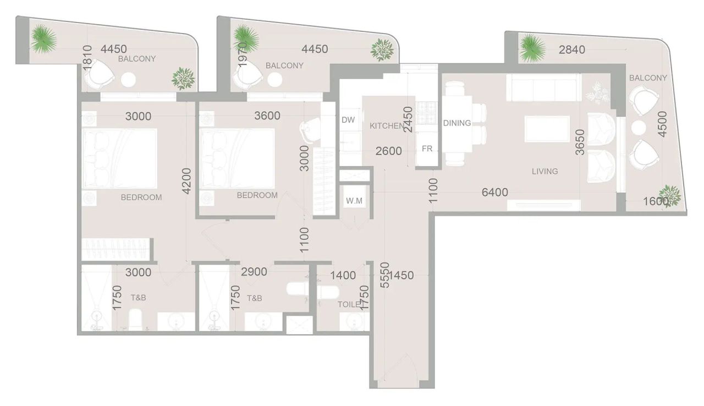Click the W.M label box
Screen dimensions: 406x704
[354, 201]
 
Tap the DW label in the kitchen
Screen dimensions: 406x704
[348, 120]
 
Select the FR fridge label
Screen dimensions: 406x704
[427, 149]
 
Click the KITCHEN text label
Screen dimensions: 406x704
[386, 126]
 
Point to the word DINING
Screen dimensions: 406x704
[457, 123]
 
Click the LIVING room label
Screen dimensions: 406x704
[544, 171]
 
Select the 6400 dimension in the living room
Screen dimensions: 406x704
[494, 192]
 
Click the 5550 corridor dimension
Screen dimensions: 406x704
[384, 275]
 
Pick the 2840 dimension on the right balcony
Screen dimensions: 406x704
[571, 50]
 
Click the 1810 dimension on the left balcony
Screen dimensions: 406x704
[87, 58]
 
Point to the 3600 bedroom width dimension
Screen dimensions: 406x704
[267, 116]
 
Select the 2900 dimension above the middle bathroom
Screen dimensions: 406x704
[254, 272]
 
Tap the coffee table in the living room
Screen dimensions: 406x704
[547, 129]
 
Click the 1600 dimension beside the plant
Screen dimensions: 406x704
[656, 201]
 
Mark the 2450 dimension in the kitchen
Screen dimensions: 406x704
[408, 120]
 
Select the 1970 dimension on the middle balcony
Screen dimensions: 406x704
[243, 55]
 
